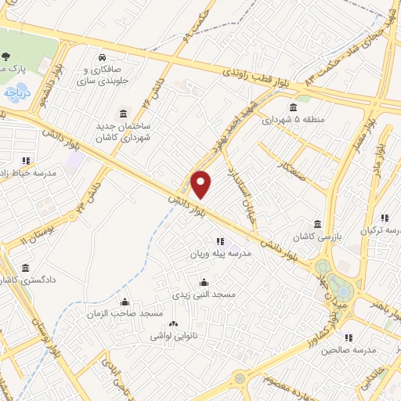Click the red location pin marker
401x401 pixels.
202,185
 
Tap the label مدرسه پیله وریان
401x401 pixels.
210,255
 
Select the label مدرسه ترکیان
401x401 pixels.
379,231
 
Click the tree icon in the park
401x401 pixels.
6,56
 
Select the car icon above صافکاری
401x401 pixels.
103,57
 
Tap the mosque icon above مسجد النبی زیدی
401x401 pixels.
204,283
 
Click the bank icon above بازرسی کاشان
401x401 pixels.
317,223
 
